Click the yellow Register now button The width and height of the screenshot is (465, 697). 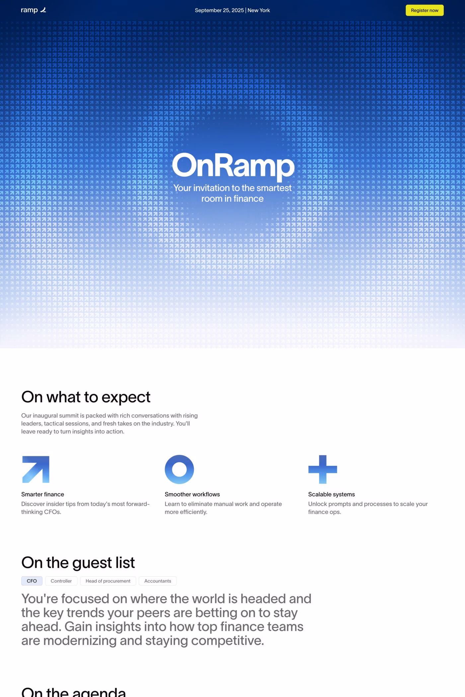425,10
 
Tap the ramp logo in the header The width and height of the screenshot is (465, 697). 33,10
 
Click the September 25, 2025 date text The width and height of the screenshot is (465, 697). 219,10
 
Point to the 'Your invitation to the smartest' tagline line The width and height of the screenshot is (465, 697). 232,188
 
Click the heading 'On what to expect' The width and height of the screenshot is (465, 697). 86,397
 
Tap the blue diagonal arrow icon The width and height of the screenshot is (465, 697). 36,469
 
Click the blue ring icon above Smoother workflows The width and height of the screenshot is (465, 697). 179,469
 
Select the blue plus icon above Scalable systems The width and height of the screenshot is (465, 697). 323,469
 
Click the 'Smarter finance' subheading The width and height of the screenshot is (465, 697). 42,494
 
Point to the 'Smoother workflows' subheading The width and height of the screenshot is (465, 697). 192,494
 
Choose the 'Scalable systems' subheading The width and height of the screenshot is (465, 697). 331,494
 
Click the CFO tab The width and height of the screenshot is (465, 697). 32,581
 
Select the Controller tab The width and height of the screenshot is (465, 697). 61,581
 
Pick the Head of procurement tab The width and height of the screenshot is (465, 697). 108,581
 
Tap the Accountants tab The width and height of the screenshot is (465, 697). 158,581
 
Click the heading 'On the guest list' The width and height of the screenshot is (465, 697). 78,563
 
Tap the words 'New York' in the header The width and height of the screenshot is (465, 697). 259,10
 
